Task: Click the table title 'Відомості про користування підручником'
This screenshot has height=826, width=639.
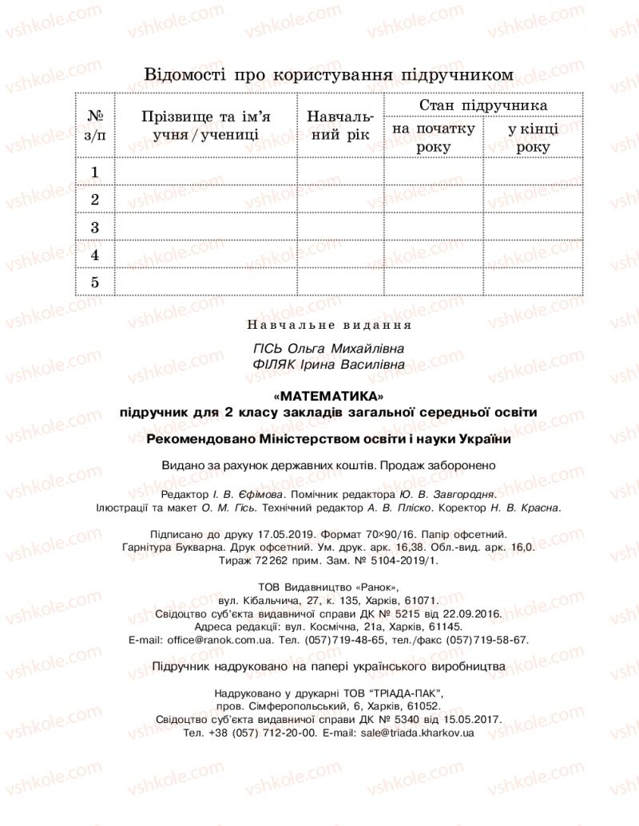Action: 327,74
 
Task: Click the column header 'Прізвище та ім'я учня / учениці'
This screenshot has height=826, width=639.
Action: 206,126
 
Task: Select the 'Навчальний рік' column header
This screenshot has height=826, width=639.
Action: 340,126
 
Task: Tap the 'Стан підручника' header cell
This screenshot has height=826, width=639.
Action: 483,105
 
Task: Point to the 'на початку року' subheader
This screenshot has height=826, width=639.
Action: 434,137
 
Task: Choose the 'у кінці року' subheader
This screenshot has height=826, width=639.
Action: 533,137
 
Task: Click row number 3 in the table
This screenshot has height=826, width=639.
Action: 95,227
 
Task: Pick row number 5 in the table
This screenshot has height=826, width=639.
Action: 95,282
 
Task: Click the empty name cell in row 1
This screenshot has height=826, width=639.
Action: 206,172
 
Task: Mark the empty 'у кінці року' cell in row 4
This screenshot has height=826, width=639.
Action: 533,255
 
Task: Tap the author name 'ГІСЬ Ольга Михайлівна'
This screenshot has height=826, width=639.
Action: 327,350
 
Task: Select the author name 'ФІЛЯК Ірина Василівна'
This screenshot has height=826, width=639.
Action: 327,365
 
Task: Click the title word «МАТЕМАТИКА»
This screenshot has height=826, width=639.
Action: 327,396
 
